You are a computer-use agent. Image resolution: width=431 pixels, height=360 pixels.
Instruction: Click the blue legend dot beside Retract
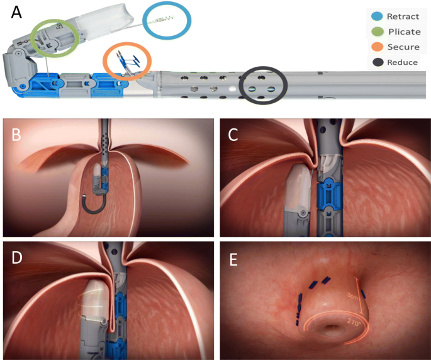[376, 17]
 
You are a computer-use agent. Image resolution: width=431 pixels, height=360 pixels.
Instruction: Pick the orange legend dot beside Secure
[376, 47]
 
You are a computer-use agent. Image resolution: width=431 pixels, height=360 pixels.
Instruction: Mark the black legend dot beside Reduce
[376, 62]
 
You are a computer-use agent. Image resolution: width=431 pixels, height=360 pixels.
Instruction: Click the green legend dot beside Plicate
[376, 32]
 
